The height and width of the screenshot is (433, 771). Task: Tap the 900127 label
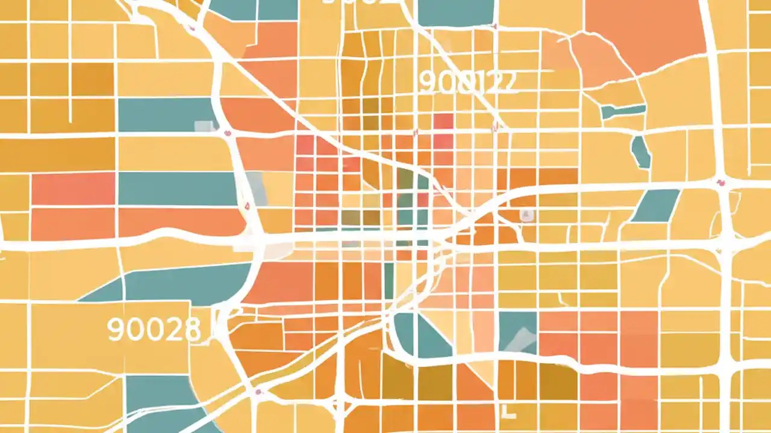pyautogui.click(x=467, y=82)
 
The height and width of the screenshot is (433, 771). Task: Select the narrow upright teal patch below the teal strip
pyautogui.click(x=641, y=152)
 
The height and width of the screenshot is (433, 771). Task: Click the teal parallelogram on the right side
pyautogui.click(x=655, y=205)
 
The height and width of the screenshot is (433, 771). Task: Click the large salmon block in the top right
pyautogui.click(x=645, y=30)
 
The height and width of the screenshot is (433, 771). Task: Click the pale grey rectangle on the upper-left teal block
pyautogui.click(x=205, y=126)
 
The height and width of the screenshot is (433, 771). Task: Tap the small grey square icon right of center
pyautogui.click(x=527, y=215)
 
